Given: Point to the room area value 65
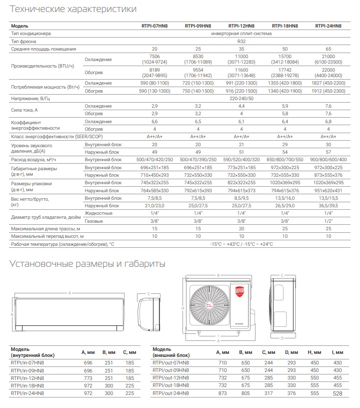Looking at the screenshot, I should [x=328, y=49].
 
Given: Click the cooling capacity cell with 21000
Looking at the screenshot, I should [x=328, y=57].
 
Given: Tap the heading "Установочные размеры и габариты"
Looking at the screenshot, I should [x=88, y=264].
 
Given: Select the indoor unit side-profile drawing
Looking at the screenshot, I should [x=145, y=313].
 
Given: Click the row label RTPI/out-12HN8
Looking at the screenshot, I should [x=171, y=377].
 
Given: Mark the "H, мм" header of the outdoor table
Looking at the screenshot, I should [x=314, y=353].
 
